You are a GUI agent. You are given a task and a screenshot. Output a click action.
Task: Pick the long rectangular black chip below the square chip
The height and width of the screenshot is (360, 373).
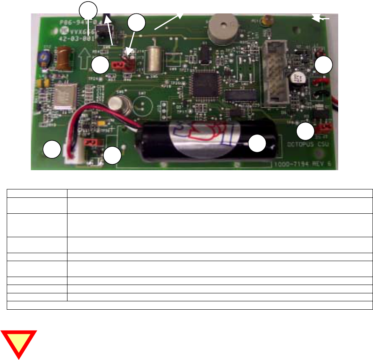pos(239,95)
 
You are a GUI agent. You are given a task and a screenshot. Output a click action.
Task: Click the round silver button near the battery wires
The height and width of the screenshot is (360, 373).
pos(114,103)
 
